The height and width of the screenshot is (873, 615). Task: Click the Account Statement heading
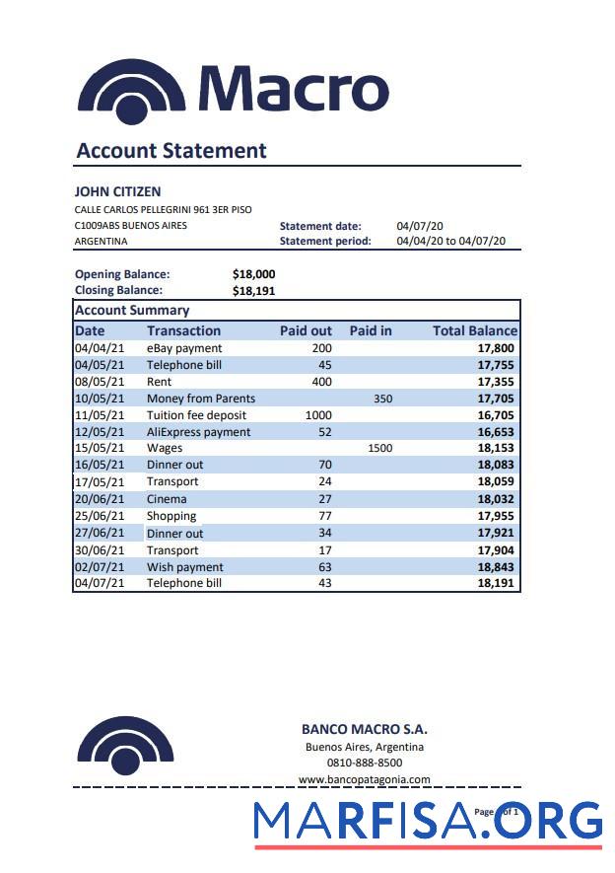(171, 151)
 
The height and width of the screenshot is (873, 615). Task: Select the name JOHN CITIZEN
(117, 191)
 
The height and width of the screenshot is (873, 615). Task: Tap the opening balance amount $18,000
(253, 274)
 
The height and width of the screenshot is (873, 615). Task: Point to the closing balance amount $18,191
(253, 291)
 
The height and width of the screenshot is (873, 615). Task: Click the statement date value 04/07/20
(420, 226)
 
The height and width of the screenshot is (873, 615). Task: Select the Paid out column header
(306, 330)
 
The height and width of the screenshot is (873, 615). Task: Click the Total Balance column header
(474, 330)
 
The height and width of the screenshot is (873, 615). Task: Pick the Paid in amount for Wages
(379, 448)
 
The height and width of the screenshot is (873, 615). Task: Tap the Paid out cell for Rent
(321, 382)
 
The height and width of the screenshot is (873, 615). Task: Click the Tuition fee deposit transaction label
(196, 415)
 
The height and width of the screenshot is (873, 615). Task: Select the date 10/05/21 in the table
(100, 399)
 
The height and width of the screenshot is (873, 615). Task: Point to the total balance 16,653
(496, 432)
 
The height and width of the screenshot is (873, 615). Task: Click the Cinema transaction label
(167, 499)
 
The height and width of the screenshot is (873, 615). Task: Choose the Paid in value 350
(382, 399)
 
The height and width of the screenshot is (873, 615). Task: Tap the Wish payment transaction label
(184, 567)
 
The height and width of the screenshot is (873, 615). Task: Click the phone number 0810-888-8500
(364, 763)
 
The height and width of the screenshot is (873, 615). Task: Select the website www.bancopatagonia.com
(364, 779)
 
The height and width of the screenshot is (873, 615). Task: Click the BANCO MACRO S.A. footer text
(364, 730)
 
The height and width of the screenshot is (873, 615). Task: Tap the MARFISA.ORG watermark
(427, 822)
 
